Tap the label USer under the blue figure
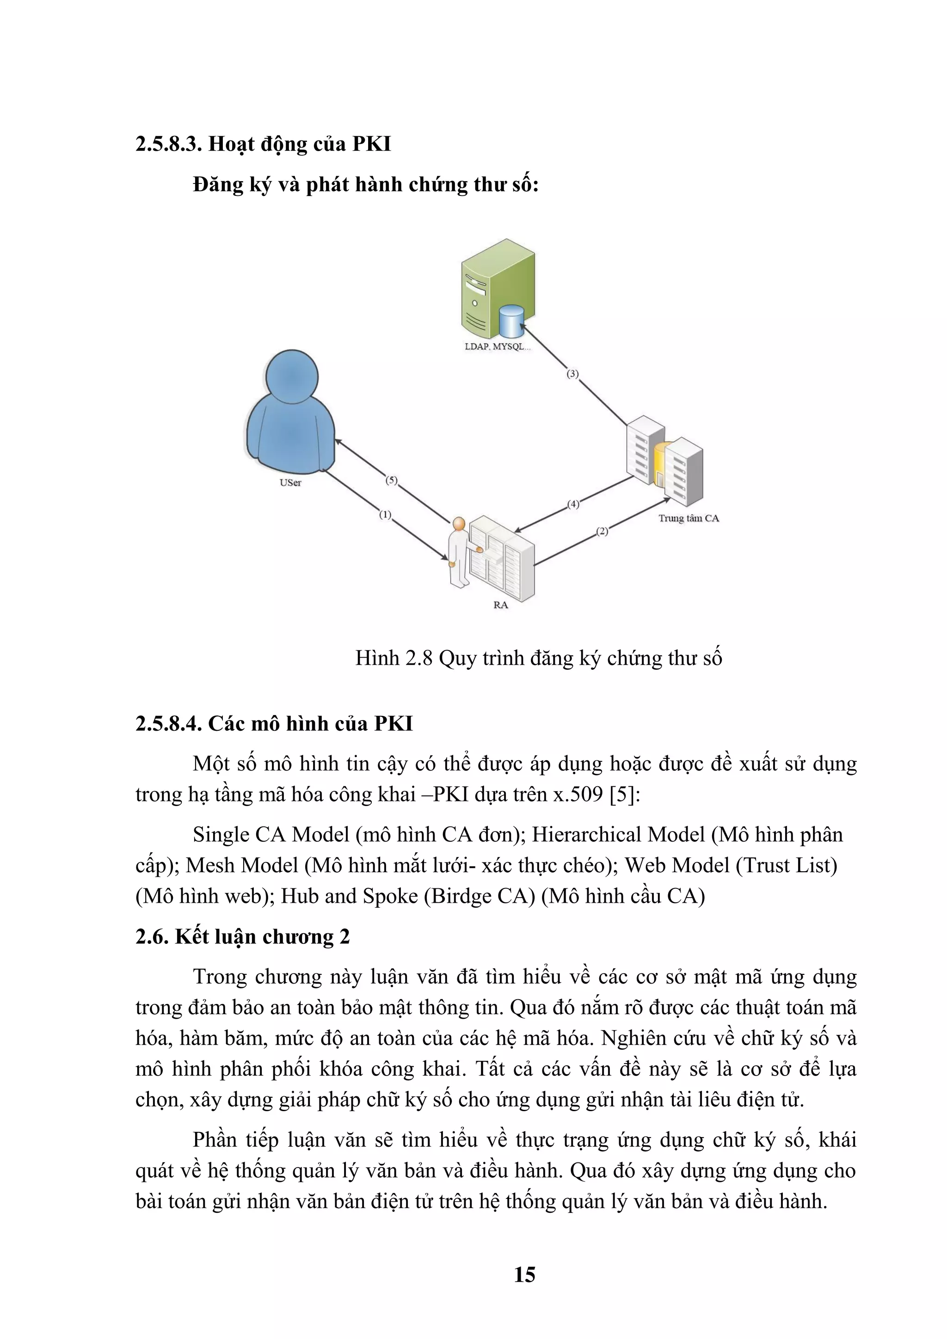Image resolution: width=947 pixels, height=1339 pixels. click(290, 483)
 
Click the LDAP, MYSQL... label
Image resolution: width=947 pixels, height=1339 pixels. click(498, 346)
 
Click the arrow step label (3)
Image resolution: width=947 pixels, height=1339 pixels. click(572, 374)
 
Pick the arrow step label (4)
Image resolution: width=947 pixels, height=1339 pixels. click(573, 504)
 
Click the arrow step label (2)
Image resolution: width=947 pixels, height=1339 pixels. click(602, 531)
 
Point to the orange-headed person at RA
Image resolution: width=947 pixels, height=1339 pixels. click(458, 551)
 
